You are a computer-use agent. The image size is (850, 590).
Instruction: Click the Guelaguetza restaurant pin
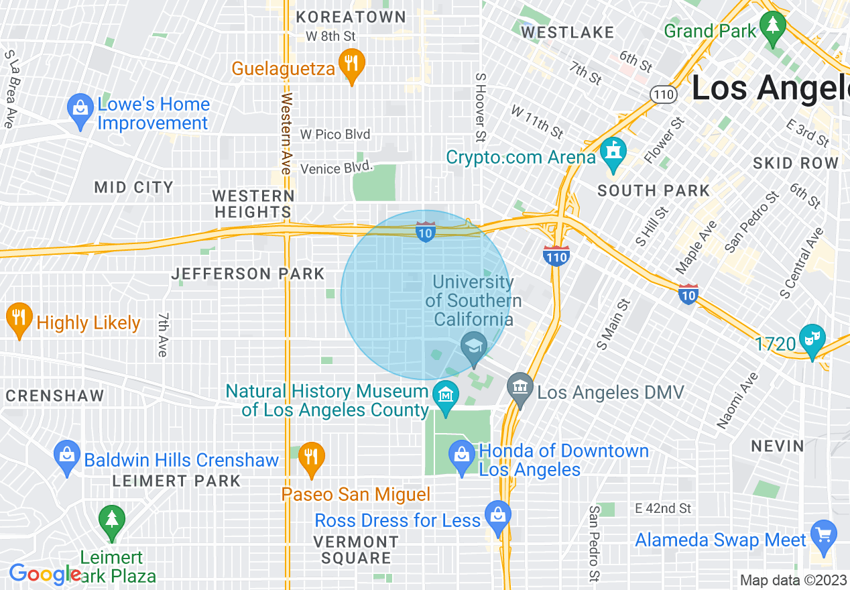click(351, 65)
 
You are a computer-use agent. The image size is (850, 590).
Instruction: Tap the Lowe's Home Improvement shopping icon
click(80, 110)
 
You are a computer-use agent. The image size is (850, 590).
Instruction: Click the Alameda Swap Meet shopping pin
click(823, 535)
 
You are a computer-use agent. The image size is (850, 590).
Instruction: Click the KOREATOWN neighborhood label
click(351, 16)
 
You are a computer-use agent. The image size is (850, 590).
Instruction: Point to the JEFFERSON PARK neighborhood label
click(248, 274)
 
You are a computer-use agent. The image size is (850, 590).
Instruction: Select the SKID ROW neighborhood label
click(796, 163)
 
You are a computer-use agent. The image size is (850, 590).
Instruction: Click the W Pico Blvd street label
click(335, 135)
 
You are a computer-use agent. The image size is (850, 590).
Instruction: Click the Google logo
click(44, 575)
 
